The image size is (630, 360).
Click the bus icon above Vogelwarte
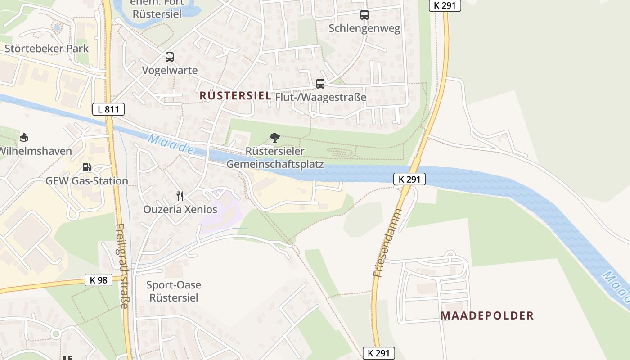pos(169,57)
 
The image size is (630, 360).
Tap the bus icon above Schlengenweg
pos(364,15)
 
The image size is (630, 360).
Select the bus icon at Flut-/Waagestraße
pos(320,83)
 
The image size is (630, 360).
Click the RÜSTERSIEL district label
pos(235,95)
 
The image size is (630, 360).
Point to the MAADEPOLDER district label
pos(487,315)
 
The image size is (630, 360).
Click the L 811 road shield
pos(108,109)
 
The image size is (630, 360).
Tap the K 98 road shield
pos(99,280)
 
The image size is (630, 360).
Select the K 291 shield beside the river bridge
pos(409,179)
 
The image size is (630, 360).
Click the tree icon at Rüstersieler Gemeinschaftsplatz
pos(274,138)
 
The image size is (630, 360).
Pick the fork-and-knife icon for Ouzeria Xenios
pos(180,196)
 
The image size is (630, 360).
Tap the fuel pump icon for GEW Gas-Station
pos(86,167)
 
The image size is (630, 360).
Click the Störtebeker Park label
pos(46,49)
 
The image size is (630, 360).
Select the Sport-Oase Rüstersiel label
pos(174,291)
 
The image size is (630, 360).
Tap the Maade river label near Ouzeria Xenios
pos(171,145)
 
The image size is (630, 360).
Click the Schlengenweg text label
pos(364,28)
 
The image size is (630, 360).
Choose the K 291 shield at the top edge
pos(445,5)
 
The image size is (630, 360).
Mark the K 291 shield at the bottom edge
pos(379,353)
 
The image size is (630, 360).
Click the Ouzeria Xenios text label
pos(180,209)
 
